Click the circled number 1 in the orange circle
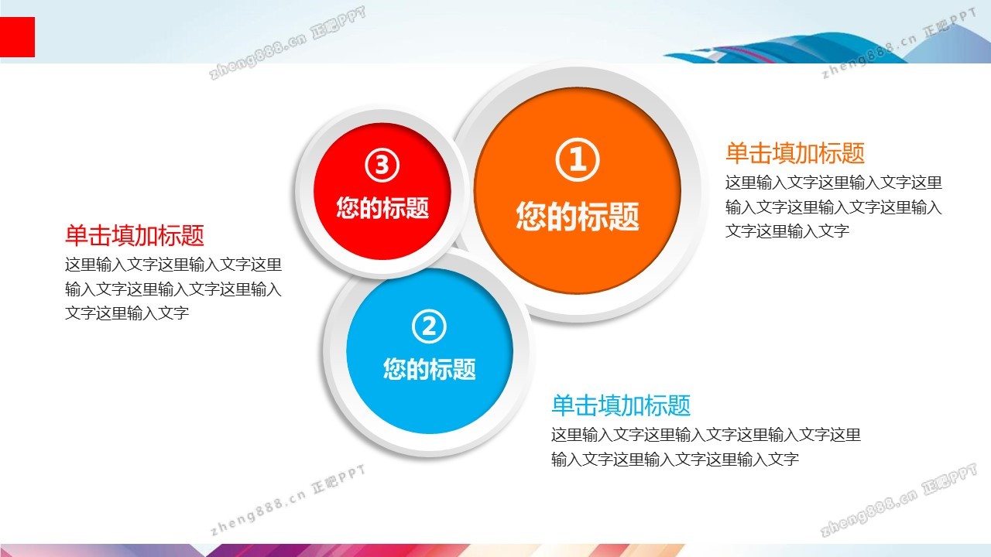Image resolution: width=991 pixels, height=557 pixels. point(578,159)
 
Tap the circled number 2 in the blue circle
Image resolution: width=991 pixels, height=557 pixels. point(429,326)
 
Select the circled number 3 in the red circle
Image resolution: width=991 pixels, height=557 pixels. point(382,165)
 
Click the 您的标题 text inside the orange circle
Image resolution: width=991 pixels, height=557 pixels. point(578,216)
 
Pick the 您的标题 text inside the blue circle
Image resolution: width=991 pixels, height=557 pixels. point(429,369)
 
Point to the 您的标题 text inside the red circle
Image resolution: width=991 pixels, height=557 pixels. point(382,207)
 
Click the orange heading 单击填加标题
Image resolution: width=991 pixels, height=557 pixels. point(795,153)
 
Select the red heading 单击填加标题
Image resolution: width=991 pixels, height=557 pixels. point(135,235)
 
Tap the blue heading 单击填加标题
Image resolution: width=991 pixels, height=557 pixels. point(621,405)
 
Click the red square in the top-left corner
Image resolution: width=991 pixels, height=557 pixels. point(17,36)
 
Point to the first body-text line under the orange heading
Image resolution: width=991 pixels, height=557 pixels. point(834,183)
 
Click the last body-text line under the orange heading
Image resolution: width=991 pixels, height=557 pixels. point(787,231)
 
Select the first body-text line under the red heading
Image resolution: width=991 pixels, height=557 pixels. point(173,265)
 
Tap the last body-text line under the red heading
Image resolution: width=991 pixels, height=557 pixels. point(127,313)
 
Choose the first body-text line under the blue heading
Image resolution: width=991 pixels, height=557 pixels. point(705,435)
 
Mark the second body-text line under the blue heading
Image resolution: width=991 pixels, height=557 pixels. point(674,460)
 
